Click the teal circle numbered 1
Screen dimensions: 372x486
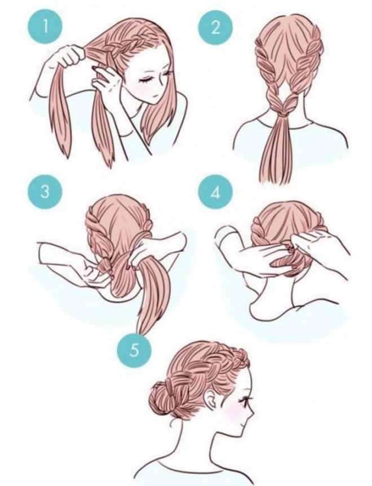click(45, 28)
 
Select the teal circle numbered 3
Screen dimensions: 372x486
click(45, 192)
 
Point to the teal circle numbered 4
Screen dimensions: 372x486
click(215, 193)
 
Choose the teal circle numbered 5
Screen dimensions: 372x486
click(134, 350)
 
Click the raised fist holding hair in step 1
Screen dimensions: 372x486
click(70, 55)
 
